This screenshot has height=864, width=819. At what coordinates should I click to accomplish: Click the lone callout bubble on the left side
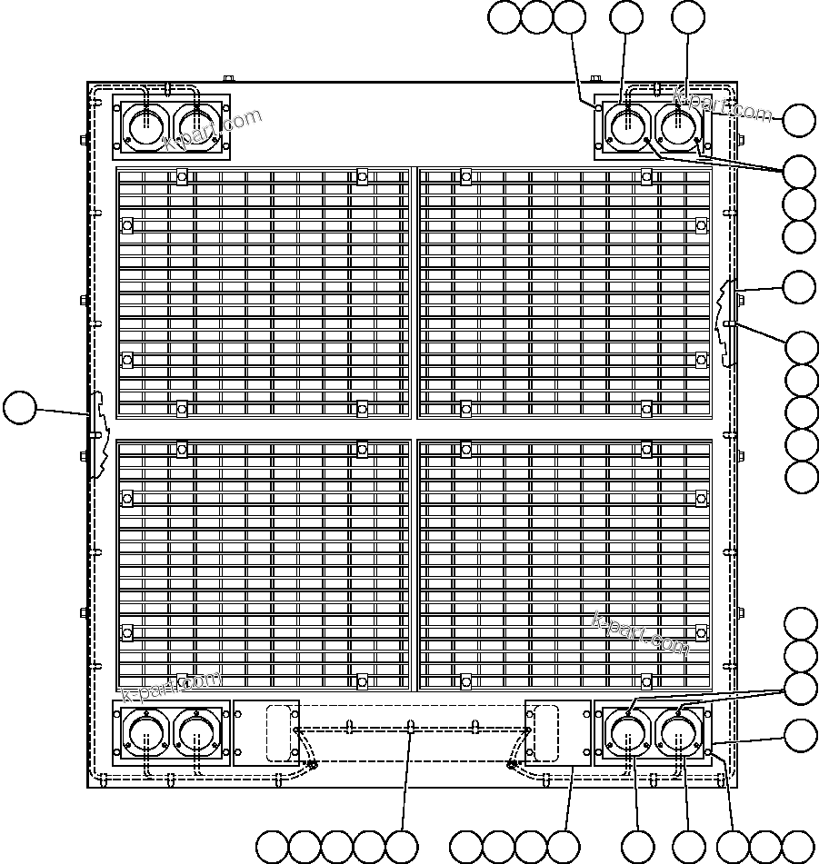coord(18,408)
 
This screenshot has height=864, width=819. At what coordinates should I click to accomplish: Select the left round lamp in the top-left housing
coord(143,126)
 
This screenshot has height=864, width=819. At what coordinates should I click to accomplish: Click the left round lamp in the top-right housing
coord(627,126)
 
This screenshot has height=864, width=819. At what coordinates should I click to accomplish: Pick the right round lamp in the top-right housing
coord(678,126)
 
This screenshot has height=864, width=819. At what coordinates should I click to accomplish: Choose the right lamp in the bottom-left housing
coord(198,733)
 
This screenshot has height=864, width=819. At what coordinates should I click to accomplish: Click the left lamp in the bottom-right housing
coord(627,733)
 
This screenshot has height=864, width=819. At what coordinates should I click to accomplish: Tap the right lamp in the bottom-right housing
coord(678,733)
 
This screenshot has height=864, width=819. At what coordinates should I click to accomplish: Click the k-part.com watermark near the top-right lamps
coord(723,106)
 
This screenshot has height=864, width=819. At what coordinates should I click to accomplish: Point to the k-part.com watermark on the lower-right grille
coord(641,632)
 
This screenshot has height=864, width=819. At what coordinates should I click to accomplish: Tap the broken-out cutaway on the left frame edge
coord(98,434)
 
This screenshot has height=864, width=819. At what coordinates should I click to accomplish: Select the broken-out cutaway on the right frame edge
coord(726,323)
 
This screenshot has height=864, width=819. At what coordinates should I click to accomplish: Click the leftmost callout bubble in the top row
coord(504,17)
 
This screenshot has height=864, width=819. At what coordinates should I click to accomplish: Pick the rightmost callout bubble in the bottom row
coord(798,847)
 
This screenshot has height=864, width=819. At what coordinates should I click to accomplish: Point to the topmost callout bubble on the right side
coord(799,121)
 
